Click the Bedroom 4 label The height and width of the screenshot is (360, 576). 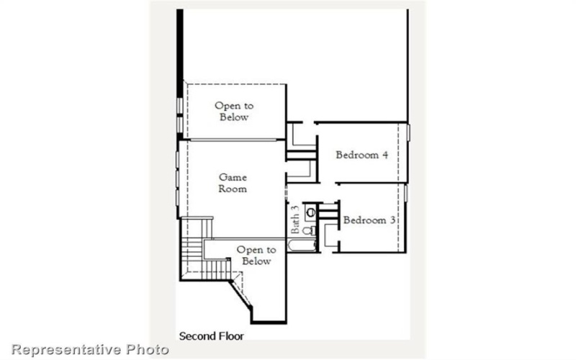(x=362, y=154)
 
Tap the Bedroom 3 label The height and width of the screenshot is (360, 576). (x=369, y=220)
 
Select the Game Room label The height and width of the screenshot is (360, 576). (x=233, y=183)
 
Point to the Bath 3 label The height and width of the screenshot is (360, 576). (x=295, y=219)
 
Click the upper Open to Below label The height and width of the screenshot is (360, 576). (x=233, y=112)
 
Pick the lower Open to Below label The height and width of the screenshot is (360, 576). (x=256, y=256)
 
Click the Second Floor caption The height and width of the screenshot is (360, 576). (x=211, y=336)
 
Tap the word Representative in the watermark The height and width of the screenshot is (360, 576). (x=66, y=350)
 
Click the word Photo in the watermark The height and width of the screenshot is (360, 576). (x=149, y=350)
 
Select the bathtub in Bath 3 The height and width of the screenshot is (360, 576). (x=302, y=246)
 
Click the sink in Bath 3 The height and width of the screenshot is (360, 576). (x=310, y=212)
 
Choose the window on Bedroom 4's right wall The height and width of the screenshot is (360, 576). (x=408, y=133)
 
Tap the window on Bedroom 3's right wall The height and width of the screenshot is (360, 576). (x=405, y=193)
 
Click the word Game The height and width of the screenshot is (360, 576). (x=233, y=177)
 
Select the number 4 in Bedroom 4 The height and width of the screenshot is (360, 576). (x=386, y=154)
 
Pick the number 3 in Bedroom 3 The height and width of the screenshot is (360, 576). (x=392, y=220)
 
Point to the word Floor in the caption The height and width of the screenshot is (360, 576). (x=231, y=336)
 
